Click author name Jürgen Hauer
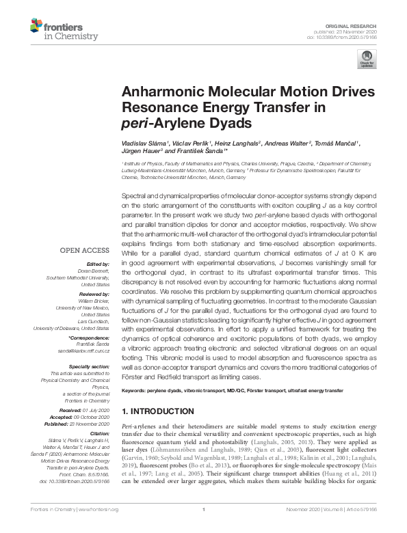(140, 152)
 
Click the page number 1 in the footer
(204, 528)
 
